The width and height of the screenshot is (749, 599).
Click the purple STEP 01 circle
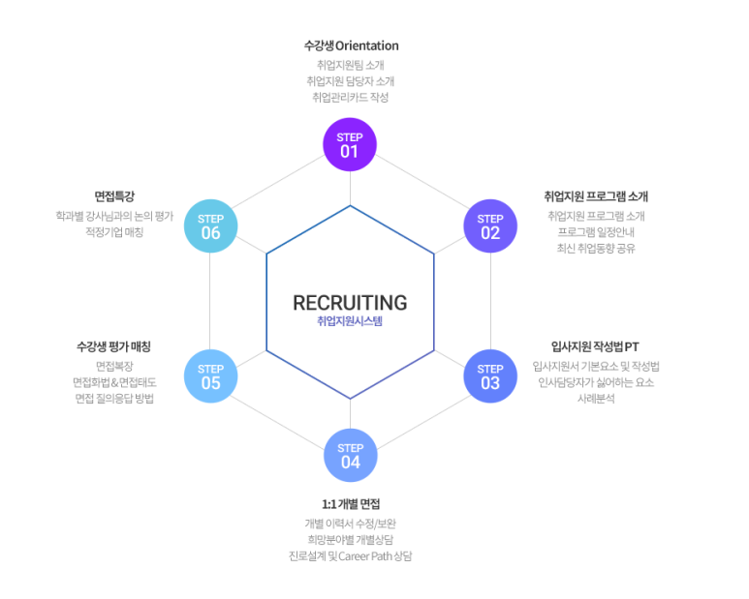pyautogui.click(x=350, y=144)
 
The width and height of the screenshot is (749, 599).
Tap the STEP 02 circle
pyautogui.click(x=490, y=225)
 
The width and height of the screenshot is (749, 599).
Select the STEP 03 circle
pyautogui.click(x=490, y=375)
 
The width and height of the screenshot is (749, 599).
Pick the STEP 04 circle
pyautogui.click(x=350, y=455)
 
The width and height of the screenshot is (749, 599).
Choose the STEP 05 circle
pyautogui.click(x=210, y=375)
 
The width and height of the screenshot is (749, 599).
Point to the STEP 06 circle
pyautogui.click(x=210, y=225)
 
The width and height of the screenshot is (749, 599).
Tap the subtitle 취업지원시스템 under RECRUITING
pyautogui.click(x=350, y=321)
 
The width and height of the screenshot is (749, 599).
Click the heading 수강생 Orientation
pyautogui.click(x=351, y=45)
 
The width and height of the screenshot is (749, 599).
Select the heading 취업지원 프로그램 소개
pyautogui.click(x=596, y=195)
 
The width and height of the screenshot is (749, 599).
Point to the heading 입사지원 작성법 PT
pyautogui.click(x=595, y=346)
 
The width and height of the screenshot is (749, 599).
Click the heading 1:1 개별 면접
pyautogui.click(x=351, y=504)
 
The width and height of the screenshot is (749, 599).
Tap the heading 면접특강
pyautogui.click(x=113, y=195)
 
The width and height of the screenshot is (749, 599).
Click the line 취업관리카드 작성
pyautogui.click(x=351, y=97)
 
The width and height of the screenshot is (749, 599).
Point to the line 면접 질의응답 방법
pyautogui.click(x=114, y=398)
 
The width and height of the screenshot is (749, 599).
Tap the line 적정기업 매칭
pyautogui.click(x=114, y=231)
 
